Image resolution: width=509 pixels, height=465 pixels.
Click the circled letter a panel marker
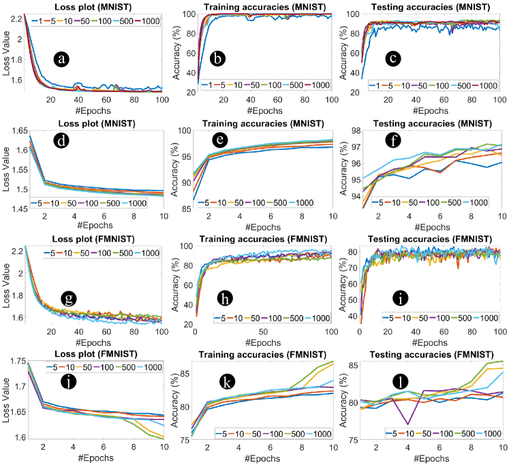62,59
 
